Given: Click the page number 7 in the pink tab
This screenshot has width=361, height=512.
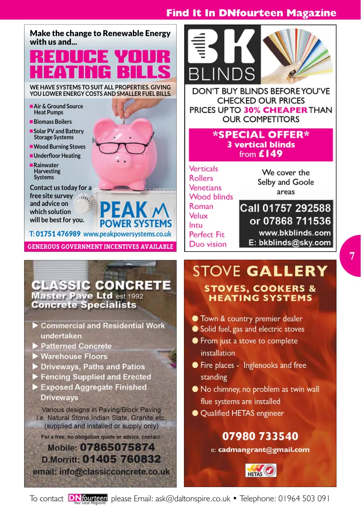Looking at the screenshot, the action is (352, 257).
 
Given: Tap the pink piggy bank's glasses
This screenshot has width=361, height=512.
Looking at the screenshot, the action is (123, 147).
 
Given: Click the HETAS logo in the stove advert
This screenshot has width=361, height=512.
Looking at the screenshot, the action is (261, 470).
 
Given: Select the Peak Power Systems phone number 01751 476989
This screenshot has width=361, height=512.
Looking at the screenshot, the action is (58, 234).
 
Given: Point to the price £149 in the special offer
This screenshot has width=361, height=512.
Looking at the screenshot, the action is (271, 154).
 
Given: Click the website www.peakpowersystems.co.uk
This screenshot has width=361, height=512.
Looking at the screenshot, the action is (127, 234).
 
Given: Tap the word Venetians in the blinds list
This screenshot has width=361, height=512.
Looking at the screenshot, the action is (205, 187).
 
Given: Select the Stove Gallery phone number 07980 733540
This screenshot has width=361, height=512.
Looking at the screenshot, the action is (260, 436).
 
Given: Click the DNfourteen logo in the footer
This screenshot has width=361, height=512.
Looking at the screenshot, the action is (88, 499).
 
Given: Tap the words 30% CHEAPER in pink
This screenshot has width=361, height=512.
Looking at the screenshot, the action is (275, 110).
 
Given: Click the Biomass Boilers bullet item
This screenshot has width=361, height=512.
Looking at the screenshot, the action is (52, 122).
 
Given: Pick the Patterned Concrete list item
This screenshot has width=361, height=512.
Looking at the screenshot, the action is (76, 346).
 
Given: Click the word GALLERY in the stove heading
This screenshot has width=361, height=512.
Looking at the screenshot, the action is (288, 271).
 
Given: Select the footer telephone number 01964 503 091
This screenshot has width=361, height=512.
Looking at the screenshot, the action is (304, 499).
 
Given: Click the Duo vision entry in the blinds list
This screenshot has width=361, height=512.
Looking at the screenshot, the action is (208, 244).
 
